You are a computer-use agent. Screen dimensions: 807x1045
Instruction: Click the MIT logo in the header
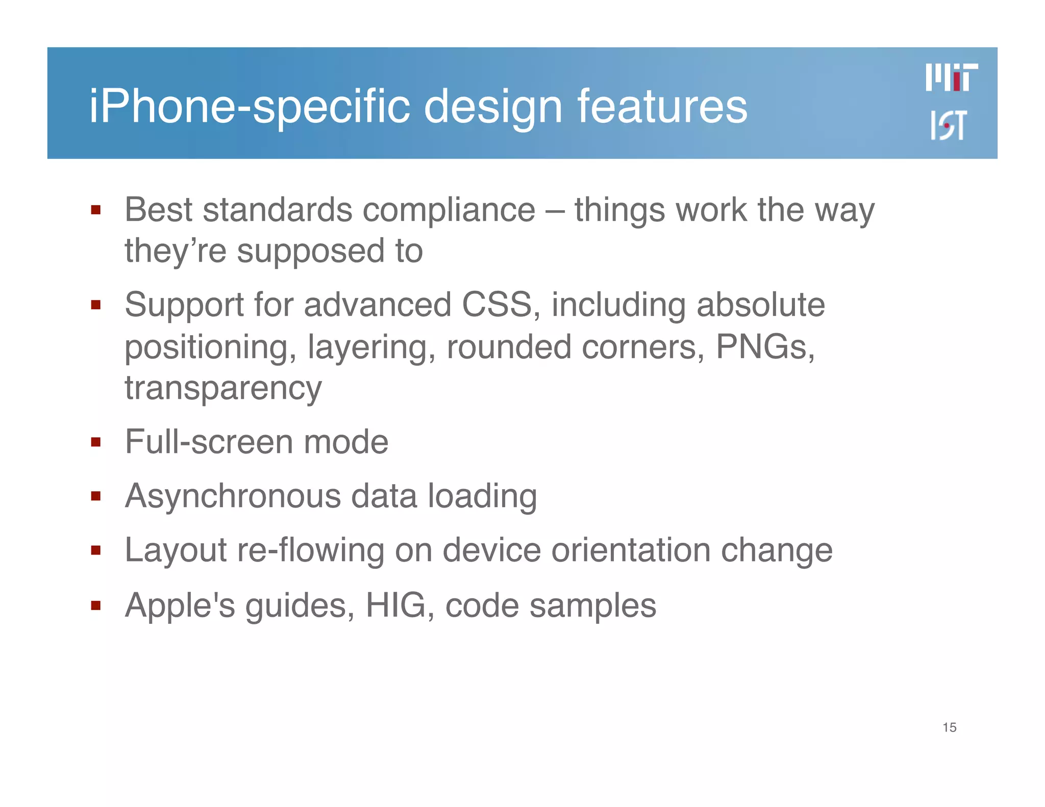(952, 78)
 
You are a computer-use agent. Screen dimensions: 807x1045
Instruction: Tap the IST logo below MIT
(948, 125)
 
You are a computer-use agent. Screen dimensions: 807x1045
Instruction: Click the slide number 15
(949, 727)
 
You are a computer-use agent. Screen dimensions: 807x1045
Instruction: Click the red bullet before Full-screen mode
(95, 442)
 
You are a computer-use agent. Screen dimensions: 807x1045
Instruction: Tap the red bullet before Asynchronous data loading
(95, 496)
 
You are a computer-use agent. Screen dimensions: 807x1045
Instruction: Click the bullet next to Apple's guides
(95, 606)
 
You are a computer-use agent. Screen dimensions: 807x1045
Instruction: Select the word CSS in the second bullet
(497, 305)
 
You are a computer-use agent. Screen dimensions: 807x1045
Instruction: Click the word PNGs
(764, 347)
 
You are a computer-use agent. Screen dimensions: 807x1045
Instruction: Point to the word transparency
(223, 389)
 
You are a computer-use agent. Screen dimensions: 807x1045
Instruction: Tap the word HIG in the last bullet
(395, 606)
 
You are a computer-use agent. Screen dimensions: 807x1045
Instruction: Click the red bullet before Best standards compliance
(95, 210)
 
